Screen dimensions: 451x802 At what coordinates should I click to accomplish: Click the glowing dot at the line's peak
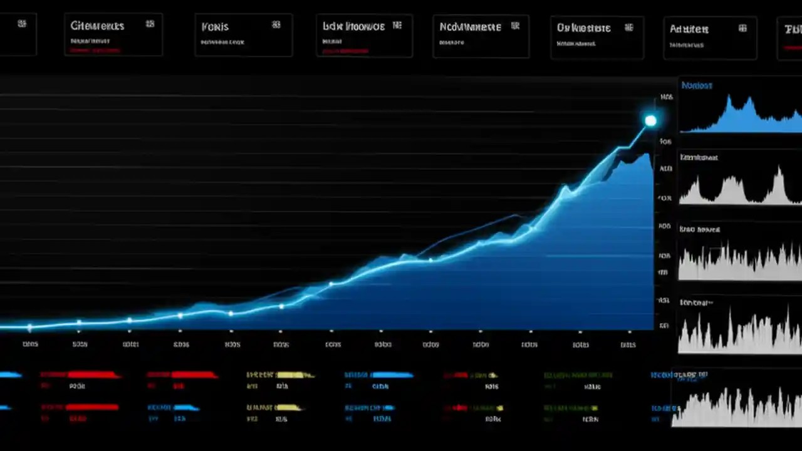pyautogui.click(x=650, y=121)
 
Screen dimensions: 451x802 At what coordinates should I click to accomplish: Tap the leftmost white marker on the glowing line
pyautogui.click(x=29, y=326)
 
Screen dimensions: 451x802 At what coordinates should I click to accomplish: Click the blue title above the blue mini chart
pyautogui.click(x=697, y=85)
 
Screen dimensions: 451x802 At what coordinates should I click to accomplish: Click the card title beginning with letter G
pyautogui.click(x=97, y=26)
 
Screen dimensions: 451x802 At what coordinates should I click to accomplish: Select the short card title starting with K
pyautogui.click(x=215, y=27)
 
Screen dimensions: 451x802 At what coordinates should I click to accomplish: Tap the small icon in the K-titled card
pyautogui.click(x=276, y=25)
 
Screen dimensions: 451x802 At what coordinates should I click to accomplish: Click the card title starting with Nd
pyautogui.click(x=470, y=27)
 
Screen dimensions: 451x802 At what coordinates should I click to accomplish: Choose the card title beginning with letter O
pyautogui.click(x=583, y=28)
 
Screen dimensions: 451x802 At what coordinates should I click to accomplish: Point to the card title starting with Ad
pyautogui.click(x=689, y=29)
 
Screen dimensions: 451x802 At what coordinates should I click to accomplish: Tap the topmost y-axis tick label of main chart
pyautogui.click(x=666, y=97)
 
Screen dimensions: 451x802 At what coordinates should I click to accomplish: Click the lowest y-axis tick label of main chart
pyautogui.click(x=664, y=326)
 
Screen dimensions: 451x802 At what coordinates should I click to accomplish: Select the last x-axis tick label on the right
pyautogui.click(x=628, y=345)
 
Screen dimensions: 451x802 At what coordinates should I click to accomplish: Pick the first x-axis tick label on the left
pyautogui.click(x=30, y=344)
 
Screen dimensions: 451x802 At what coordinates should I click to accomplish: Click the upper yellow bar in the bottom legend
pyautogui.click(x=294, y=375)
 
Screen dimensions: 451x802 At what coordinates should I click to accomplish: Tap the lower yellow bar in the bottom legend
pyautogui.click(x=289, y=407)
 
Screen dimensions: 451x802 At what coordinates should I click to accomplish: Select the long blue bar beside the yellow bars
pyautogui.click(x=392, y=375)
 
